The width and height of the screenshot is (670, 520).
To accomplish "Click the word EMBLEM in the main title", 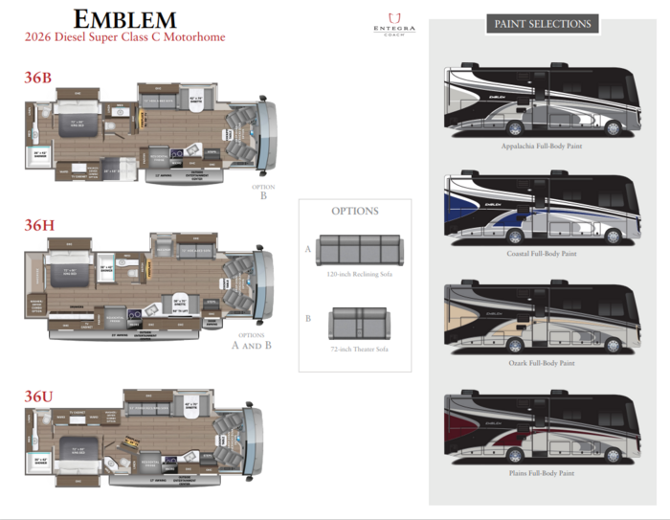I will pos(124,18).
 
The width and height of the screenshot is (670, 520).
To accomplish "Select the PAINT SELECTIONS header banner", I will pos(543,24).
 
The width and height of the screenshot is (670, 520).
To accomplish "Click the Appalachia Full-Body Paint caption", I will pos(542,147).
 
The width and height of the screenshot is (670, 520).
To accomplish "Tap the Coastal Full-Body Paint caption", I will pos(542,254).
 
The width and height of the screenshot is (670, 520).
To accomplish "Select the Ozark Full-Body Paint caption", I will pos(542,363).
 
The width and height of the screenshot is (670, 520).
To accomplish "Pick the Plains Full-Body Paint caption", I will pos(542,473).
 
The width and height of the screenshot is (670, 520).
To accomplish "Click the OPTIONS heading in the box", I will pos(354,212).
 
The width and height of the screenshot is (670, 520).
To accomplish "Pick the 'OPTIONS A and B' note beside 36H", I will pos(251,340).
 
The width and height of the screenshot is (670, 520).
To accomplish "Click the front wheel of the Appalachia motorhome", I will pos(613,128).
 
